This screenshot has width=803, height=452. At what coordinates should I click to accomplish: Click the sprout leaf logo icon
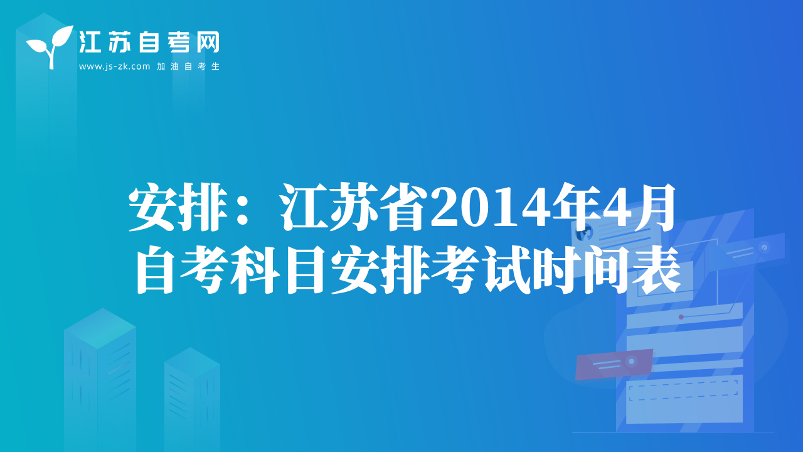[50, 46]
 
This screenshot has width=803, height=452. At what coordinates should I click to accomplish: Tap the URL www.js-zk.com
[114, 67]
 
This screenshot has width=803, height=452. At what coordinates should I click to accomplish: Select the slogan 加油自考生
[188, 67]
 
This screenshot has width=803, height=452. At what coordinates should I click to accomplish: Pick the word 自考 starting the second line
[182, 270]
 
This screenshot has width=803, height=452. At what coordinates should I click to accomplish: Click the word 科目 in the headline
[278, 270]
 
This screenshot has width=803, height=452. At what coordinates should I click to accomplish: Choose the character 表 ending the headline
[657, 270]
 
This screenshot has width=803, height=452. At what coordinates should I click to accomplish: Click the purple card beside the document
[614, 364]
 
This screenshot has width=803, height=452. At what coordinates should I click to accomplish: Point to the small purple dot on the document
[681, 317]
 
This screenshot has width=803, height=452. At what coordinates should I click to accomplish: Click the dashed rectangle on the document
[683, 390]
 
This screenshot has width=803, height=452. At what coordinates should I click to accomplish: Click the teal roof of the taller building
[100, 328]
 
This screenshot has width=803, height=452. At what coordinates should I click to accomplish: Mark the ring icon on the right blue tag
[764, 247]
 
